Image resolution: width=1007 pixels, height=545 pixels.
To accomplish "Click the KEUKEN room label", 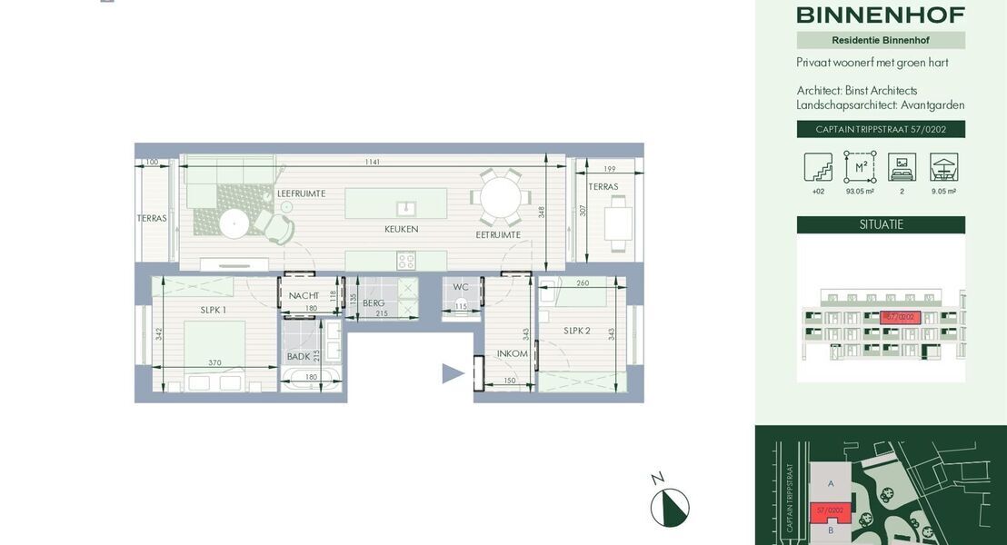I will point(401,230).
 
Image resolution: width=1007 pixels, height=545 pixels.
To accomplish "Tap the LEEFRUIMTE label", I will point(301,193).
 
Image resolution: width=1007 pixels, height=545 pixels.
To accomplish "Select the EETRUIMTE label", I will point(498,234).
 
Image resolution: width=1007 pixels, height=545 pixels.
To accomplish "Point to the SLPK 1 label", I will point(214,310).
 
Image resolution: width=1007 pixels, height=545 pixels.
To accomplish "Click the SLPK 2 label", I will point(576,331).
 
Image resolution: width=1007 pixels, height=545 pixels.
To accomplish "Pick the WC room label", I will point(461,288).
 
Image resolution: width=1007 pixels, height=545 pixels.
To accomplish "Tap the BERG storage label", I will point(374,303).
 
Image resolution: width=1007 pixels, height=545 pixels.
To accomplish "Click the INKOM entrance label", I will point(513,353).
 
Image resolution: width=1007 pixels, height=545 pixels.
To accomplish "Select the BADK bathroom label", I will point(298,357).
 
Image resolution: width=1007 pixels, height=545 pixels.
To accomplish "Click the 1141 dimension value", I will point(373,163).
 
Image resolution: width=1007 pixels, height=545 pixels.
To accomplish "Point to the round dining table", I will point(501,195).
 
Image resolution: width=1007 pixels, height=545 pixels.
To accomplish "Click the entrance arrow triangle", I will point(453,373).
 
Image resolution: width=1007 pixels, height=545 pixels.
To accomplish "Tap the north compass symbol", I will point(670,507).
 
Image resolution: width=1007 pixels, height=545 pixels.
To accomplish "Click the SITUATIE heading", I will point(881,224).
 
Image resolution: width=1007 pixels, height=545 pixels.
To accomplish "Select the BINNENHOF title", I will point(881,15).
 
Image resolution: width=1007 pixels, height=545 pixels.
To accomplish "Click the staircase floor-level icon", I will point(818,167).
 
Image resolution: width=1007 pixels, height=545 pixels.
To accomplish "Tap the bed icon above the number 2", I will point(902,167).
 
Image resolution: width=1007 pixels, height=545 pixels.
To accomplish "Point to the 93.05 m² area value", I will point(860,192).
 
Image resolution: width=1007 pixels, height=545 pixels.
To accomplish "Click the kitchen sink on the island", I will point(408,206).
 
